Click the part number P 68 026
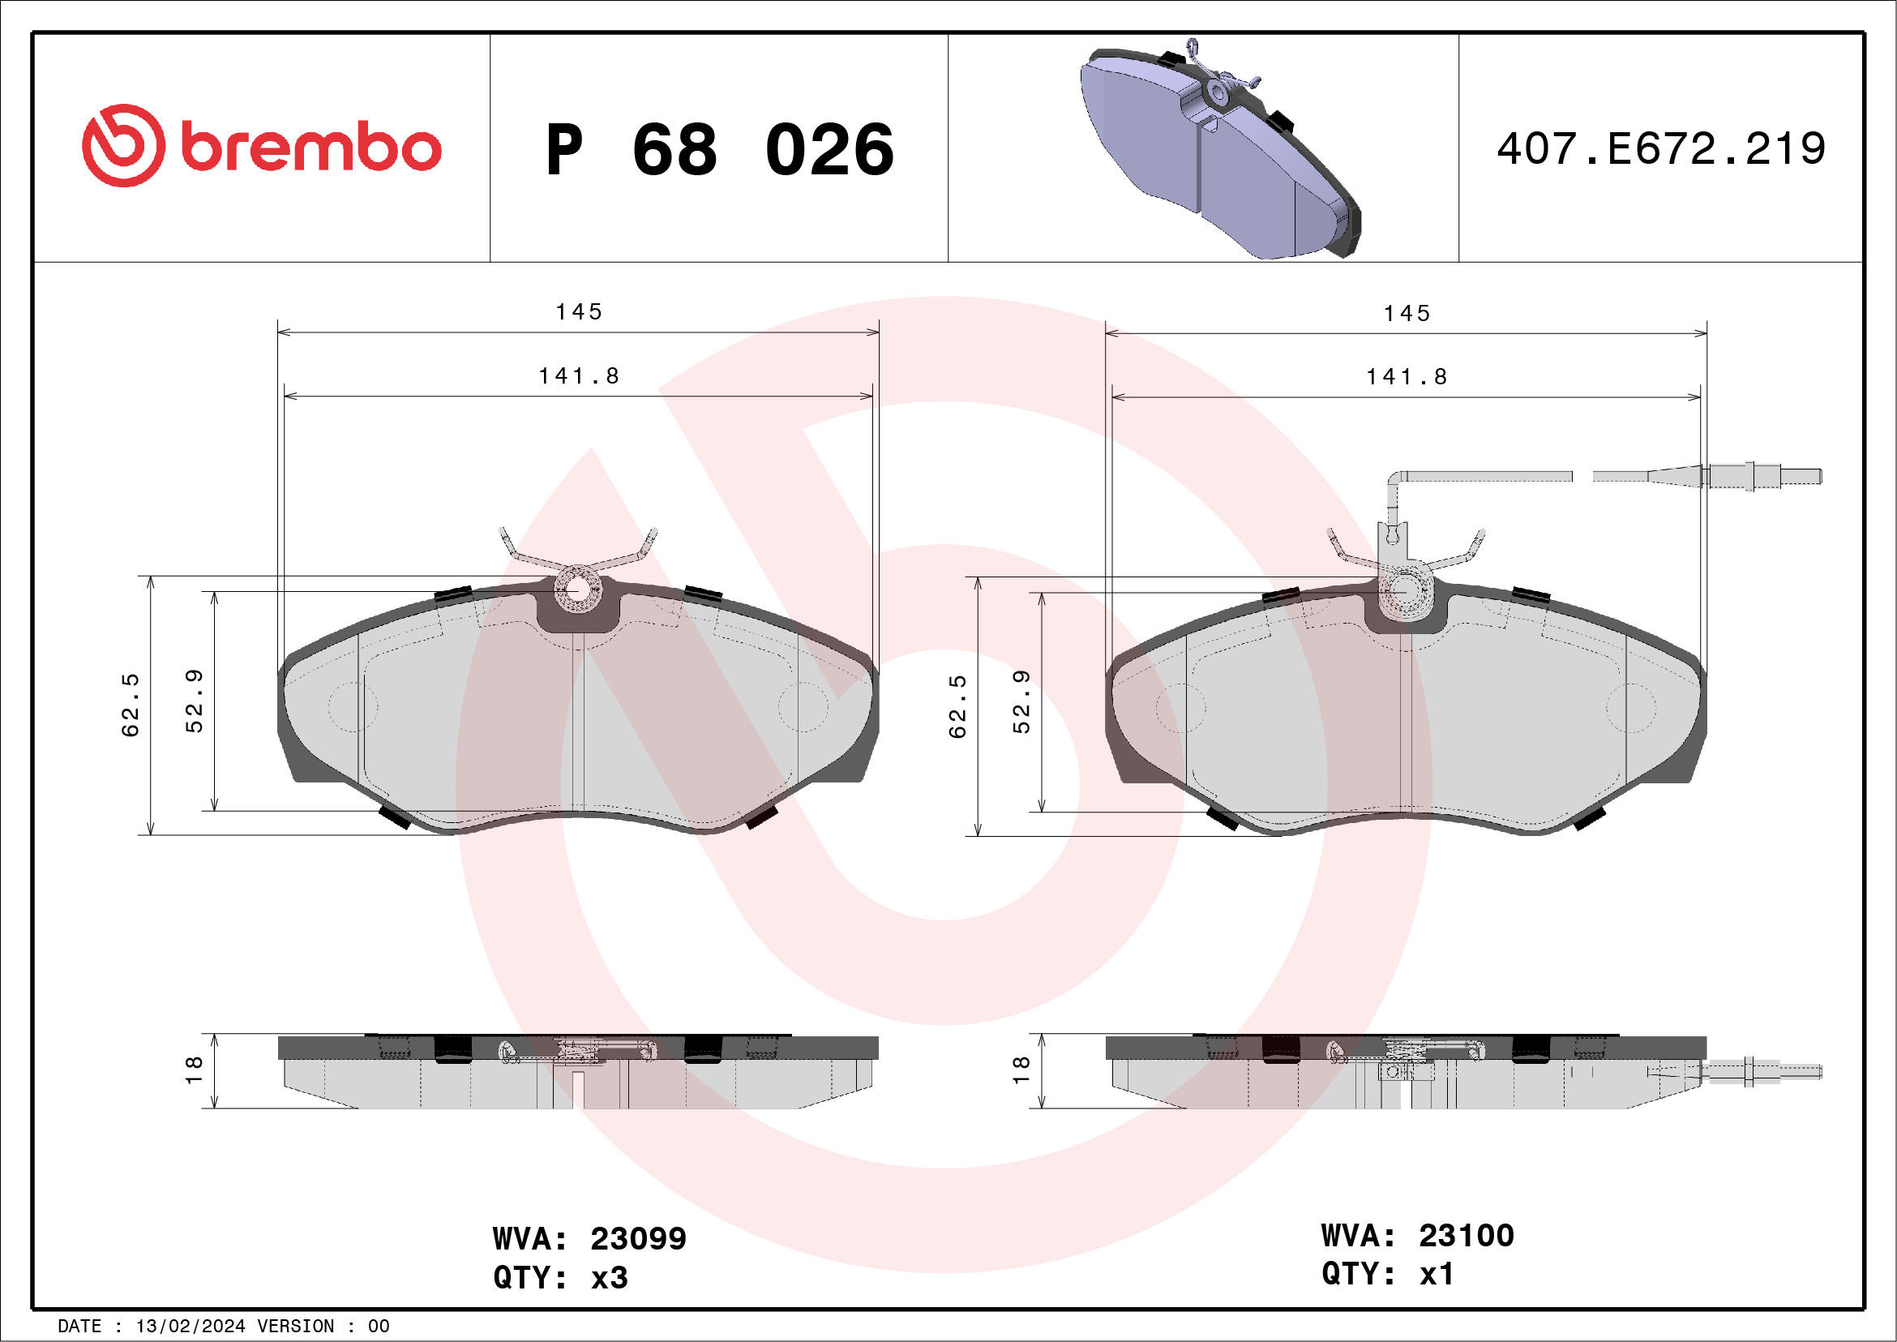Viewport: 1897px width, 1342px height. (719, 149)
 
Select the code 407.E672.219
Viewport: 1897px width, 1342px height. (1661, 148)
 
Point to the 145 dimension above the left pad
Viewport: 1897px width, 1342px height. (578, 311)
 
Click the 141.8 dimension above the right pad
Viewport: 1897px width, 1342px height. (1407, 377)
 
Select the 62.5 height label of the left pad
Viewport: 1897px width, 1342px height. (131, 704)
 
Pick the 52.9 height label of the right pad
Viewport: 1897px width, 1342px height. (1022, 701)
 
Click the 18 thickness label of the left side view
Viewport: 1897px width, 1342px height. (193, 1070)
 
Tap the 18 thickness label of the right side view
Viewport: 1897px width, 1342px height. (1021, 1070)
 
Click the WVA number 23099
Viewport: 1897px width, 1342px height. (638, 1239)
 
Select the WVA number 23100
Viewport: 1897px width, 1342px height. (1466, 1236)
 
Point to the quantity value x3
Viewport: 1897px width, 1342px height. (610, 1278)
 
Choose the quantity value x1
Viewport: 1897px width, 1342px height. (1436, 1273)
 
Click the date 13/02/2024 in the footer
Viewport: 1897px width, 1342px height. (190, 1327)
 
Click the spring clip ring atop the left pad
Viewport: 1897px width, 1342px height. (577, 590)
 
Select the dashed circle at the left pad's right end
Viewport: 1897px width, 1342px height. (803, 706)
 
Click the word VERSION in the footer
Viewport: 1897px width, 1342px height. (296, 1327)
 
